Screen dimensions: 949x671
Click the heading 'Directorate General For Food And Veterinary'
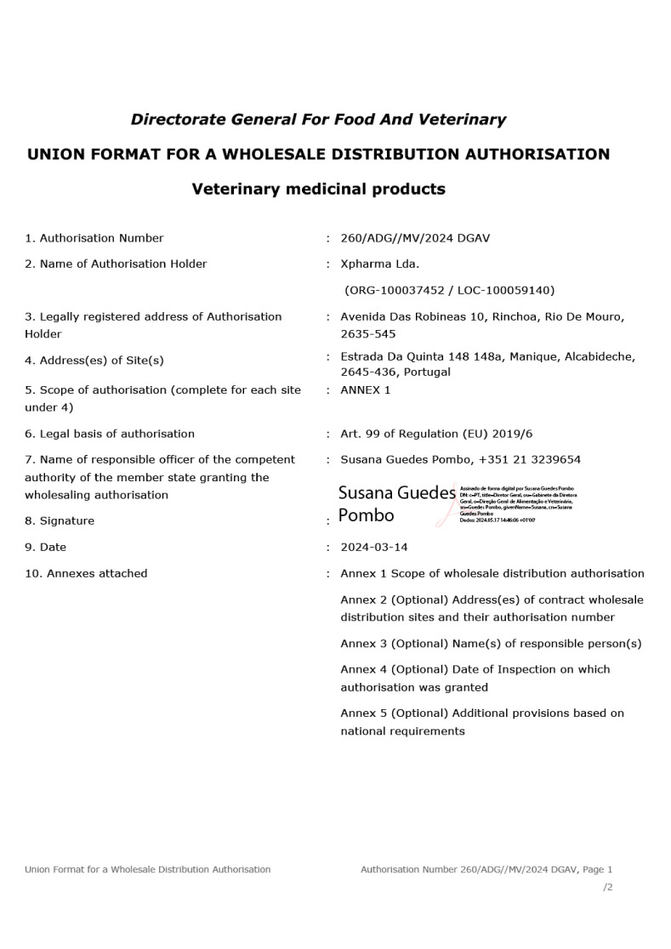coord(318,120)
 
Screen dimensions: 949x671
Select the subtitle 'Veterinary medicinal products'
coord(318,189)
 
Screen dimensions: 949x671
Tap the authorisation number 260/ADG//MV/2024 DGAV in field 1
coord(415,238)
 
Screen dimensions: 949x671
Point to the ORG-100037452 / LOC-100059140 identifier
coord(449,290)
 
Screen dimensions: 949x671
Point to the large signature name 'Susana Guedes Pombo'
coord(395,503)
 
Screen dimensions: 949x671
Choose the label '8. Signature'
coord(60,520)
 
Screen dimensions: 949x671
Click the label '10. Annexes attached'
coord(86,573)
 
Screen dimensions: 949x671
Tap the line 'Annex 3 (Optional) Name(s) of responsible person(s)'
coord(491,644)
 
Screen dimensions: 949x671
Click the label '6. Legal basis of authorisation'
coord(110,434)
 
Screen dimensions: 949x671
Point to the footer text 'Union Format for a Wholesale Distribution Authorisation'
coord(148,869)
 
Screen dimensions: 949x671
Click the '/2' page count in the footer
coord(607,887)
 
